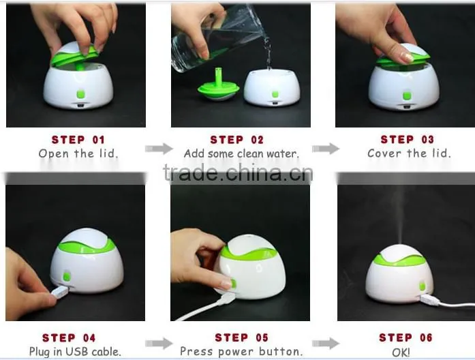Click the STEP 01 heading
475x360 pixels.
(78, 140)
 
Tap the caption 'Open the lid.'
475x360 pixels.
(78, 153)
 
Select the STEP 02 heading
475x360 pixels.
(237, 140)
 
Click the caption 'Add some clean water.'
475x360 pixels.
(241, 153)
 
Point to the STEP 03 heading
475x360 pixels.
(407, 139)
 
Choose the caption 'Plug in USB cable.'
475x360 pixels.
(75, 352)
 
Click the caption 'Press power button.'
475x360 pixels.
(241, 352)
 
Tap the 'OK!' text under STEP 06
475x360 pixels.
(401, 352)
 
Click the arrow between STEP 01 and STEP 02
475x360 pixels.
(159, 149)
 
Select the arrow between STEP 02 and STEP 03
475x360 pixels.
(326, 149)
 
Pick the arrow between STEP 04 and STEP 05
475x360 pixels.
(159, 344)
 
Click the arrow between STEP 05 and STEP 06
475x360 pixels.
(326, 344)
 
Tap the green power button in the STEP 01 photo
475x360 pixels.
(80, 94)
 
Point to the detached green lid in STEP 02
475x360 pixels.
(219, 87)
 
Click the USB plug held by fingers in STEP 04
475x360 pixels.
(60, 292)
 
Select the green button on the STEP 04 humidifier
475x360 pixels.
(67, 276)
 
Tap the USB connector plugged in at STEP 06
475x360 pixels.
(429, 300)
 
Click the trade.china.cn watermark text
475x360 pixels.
(238, 173)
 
